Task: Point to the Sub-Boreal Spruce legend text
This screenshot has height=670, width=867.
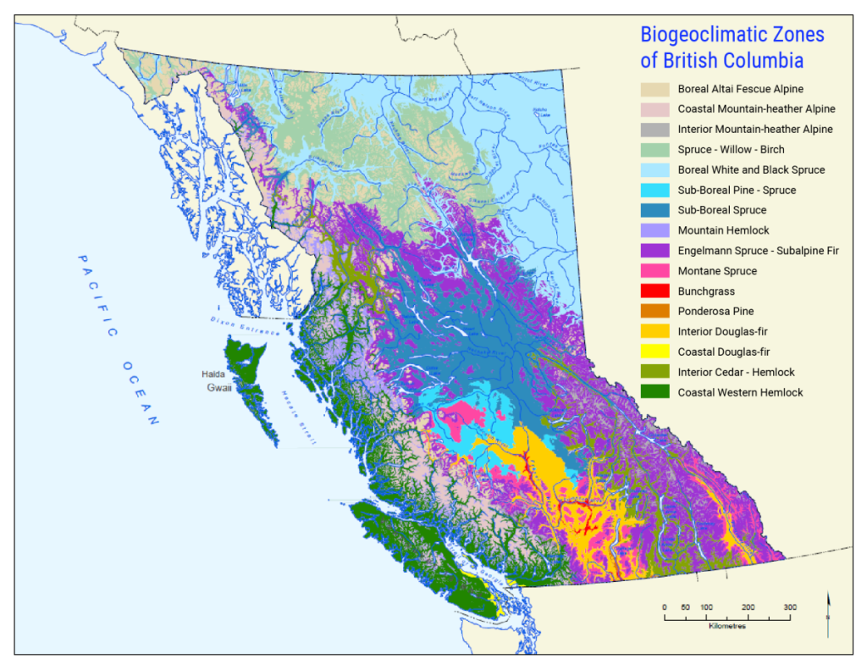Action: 722,210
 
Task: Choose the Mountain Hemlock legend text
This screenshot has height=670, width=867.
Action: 723,230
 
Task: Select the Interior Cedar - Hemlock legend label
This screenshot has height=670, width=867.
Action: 737,372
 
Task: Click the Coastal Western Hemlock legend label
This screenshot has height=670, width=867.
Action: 741,392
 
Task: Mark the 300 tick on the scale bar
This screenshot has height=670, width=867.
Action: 790,607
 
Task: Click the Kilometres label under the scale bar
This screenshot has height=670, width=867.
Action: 726,627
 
